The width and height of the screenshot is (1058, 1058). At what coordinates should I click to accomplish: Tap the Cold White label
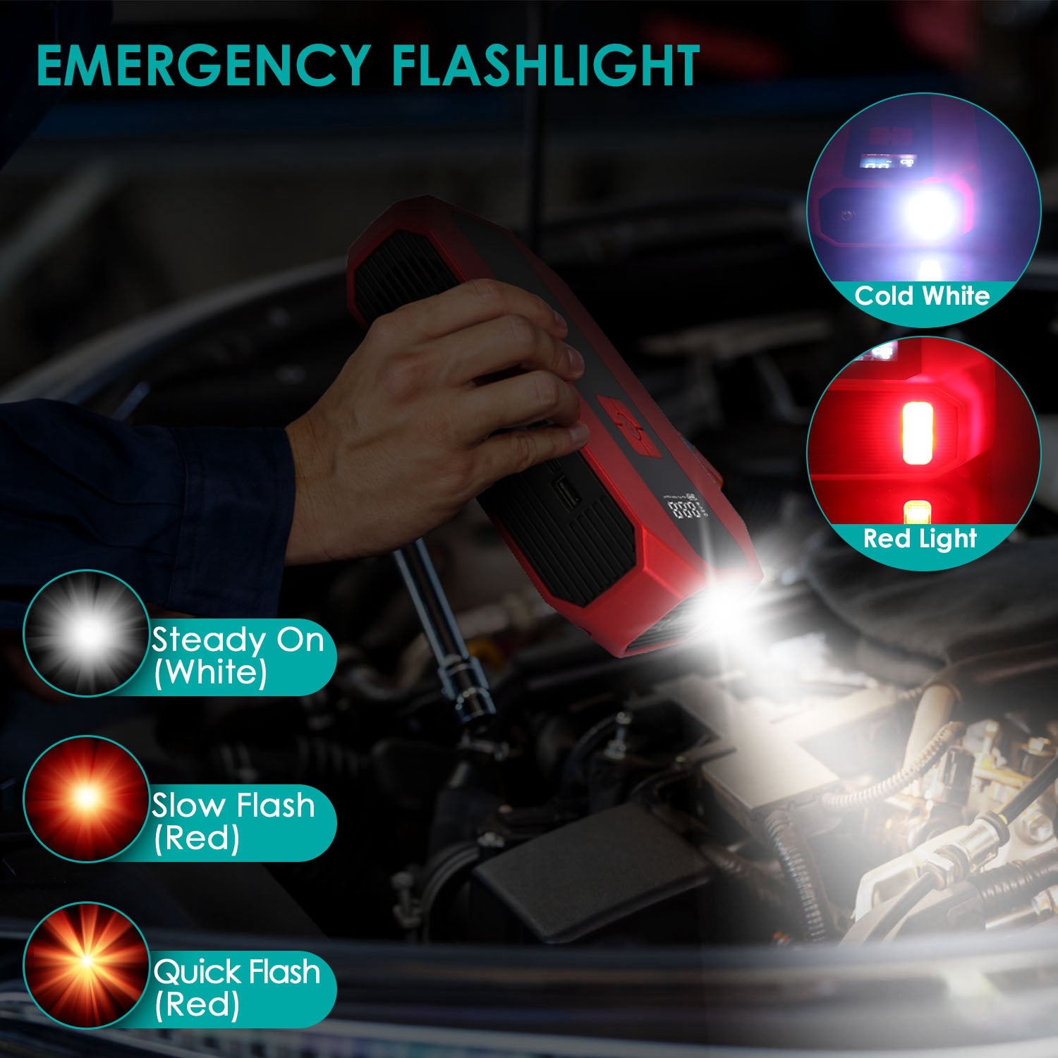tap(922, 296)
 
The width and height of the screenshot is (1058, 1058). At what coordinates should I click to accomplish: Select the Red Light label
tap(920, 539)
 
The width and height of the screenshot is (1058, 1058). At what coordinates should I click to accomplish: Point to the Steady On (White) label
tap(237, 656)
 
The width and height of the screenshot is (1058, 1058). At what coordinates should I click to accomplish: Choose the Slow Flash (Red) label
tap(233, 821)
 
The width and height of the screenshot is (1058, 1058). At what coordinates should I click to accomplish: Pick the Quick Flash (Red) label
tap(236, 987)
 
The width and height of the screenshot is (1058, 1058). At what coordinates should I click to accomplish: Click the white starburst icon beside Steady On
tap(87, 633)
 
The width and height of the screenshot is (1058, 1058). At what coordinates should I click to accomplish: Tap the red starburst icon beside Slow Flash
tap(87, 798)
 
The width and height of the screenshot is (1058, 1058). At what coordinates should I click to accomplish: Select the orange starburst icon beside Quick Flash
tap(87, 963)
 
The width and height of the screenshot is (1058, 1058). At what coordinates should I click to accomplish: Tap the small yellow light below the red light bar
tap(916, 511)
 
